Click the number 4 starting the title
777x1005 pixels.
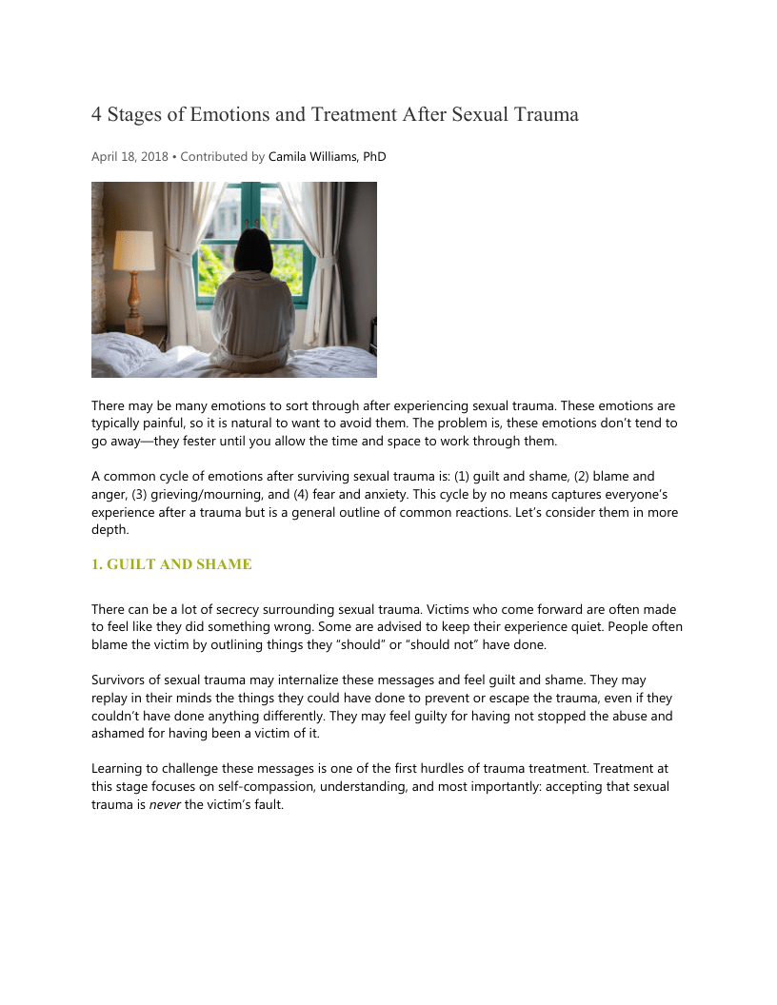tap(96, 115)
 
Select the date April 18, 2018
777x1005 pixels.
tap(129, 157)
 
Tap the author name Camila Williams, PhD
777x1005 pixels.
tap(327, 157)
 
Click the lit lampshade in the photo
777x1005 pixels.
tap(133, 250)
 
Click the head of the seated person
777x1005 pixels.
tap(254, 249)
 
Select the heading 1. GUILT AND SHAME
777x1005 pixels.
tap(171, 564)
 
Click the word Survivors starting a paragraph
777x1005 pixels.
tap(119, 680)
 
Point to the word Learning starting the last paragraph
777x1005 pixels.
tap(117, 768)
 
